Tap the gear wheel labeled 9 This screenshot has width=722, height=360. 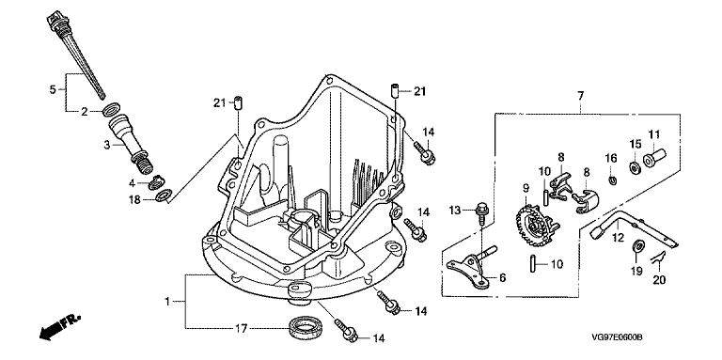coord(534,226)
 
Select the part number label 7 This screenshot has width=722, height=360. coord(581,96)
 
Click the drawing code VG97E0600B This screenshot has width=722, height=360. coord(617,337)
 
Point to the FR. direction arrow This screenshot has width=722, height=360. coord(60,327)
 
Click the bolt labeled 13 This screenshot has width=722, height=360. coord(482,212)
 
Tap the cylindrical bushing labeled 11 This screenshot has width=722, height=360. coord(654,158)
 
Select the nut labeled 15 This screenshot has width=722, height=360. coord(635,167)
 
